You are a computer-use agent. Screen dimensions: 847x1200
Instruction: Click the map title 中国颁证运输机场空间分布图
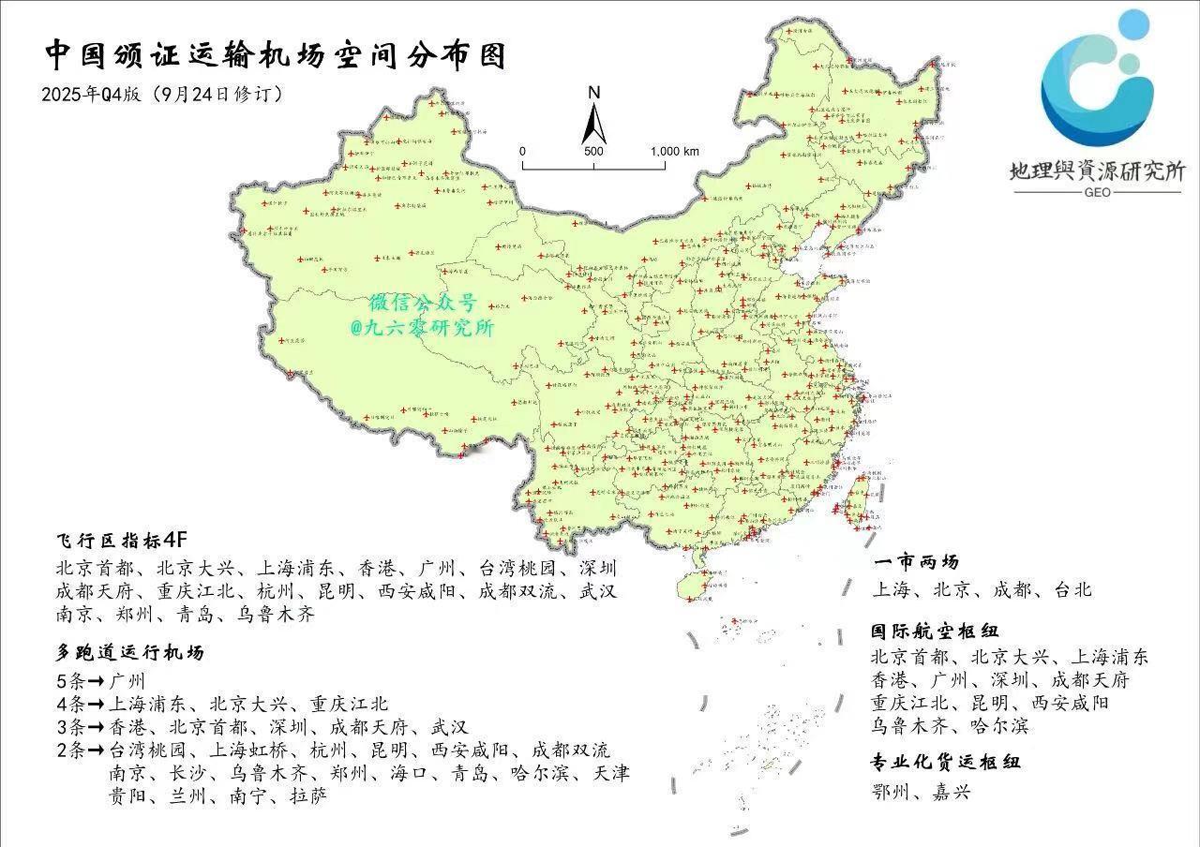[275, 55]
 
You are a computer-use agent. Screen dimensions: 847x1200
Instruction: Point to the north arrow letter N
[593, 92]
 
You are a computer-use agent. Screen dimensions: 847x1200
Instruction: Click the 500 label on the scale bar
[593, 151]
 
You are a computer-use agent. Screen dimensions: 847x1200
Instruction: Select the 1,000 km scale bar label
[675, 151]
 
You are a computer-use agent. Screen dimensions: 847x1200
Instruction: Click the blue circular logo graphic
[1098, 82]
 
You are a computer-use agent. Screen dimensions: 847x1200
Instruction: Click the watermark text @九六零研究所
[422, 328]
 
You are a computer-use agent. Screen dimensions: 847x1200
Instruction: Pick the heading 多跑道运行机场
[129, 652]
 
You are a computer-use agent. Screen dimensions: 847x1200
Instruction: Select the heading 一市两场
[915, 563]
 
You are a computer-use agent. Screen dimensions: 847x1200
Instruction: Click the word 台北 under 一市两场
[1071, 589]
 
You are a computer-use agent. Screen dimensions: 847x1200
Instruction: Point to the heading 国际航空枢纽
[932, 632]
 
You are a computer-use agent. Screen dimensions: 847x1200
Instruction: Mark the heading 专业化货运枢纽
[946, 762]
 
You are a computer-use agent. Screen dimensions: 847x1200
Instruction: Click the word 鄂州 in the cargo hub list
[891, 792]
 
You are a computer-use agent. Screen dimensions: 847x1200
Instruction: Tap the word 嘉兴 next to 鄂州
[951, 792]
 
